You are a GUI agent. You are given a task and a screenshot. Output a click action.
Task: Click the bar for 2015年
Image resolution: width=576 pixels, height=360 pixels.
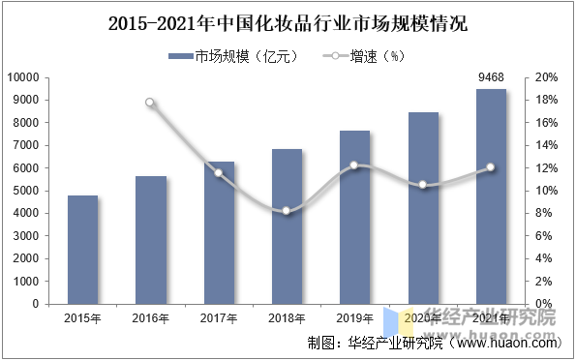(x=82, y=250)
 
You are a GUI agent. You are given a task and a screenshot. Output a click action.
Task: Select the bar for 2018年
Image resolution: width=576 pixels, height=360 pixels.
(x=287, y=226)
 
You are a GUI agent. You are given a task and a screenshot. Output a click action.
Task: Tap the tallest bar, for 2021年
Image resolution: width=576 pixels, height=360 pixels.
(x=491, y=196)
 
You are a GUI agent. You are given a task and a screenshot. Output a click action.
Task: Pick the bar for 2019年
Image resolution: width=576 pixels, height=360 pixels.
(x=354, y=217)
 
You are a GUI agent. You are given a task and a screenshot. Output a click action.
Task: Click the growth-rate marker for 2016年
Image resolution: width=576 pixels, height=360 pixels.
(x=150, y=103)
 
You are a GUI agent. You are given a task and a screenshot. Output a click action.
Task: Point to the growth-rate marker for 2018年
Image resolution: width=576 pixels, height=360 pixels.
(x=287, y=210)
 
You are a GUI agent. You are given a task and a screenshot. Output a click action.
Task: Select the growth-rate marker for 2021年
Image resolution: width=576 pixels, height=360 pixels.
(x=491, y=167)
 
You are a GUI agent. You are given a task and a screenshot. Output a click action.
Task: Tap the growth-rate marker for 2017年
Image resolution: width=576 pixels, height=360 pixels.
(x=219, y=173)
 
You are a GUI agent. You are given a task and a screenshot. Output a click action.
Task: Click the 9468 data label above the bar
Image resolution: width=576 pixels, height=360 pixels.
(x=491, y=78)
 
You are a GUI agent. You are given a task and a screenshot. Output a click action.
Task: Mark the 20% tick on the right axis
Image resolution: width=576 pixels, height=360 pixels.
(x=545, y=77)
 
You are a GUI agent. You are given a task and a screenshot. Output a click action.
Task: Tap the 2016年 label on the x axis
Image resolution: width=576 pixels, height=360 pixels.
(x=150, y=317)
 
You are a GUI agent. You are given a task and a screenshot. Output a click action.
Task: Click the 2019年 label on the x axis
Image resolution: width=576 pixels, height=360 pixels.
(x=354, y=317)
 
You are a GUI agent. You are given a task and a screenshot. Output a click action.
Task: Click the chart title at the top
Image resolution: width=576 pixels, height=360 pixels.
(x=288, y=22)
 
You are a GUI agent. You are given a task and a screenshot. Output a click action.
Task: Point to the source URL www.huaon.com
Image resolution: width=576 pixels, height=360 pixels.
(x=503, y=343)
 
